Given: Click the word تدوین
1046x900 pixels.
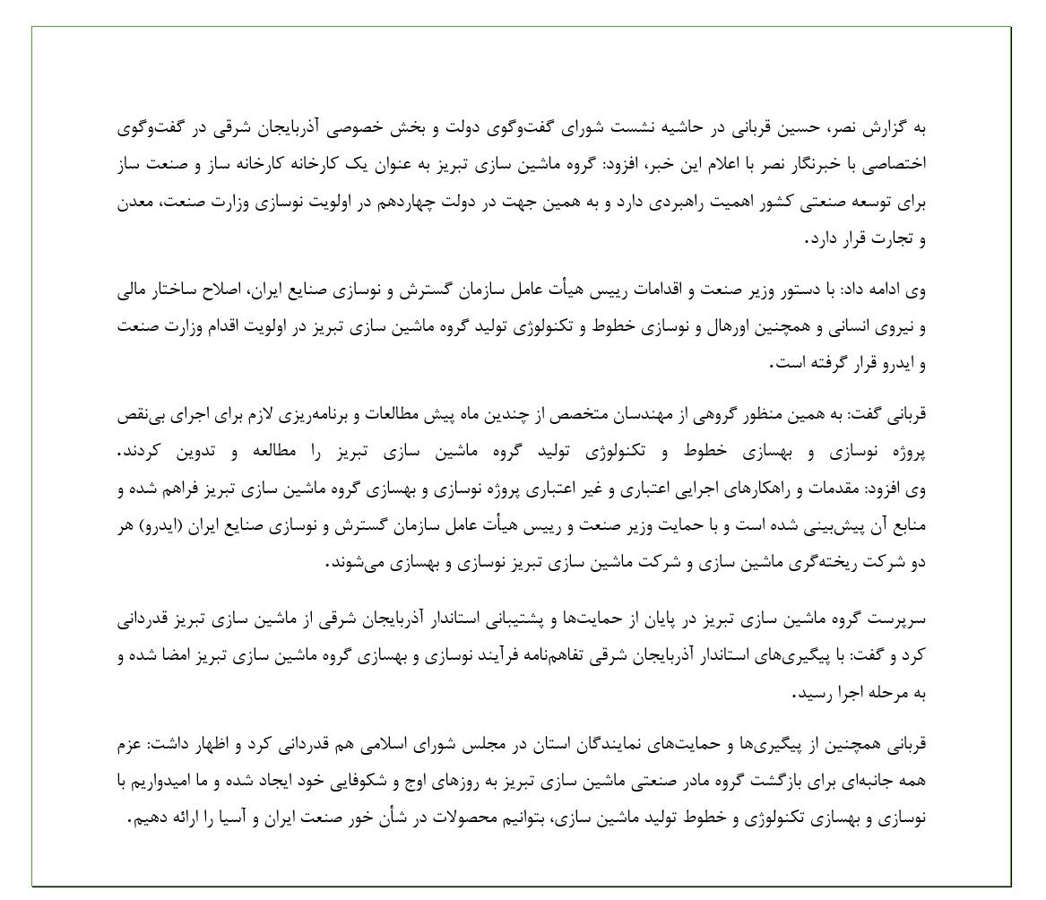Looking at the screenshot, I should pos(165,454).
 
